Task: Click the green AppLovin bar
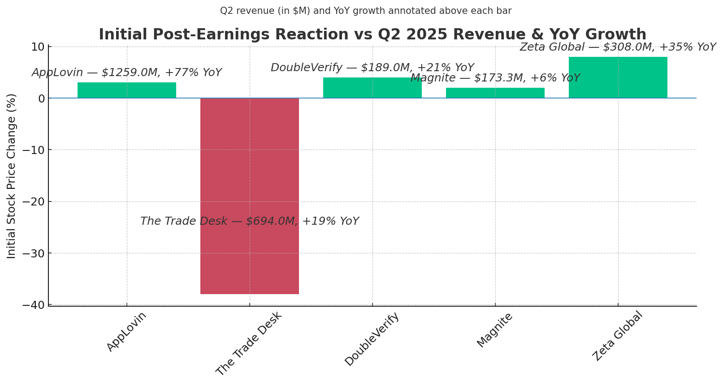(x=127, y=90)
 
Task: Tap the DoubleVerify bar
(x=372, y=88)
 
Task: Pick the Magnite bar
(x=495, y=93)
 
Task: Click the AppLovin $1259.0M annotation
(x=127, y=73)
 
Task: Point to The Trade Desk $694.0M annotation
(x=249, y=221)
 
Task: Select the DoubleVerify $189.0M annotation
(x=372, y=68)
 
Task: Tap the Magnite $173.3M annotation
(x=495, y=78)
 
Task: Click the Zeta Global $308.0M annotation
(x=618, y=47)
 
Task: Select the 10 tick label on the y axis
(x=38, y=47)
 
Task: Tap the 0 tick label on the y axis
(x=41, y=98)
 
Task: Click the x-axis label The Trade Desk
(x=249, y=343)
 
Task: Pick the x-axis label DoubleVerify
(x=372, y=339)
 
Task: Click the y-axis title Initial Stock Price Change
(x=12, y=175)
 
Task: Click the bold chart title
(x=372, y=34)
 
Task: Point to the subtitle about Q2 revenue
(x=365, y=11)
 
